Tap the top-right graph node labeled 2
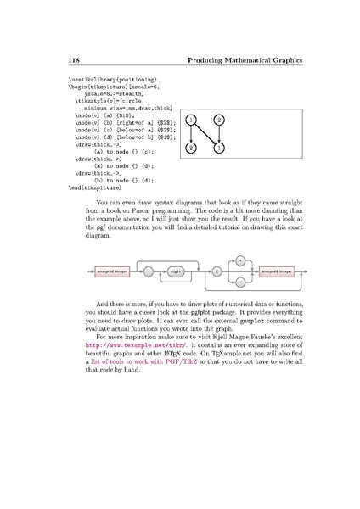(x=219, y=120)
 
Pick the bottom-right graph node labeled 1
(x=219, y=148)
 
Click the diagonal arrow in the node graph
(x=205, y=134)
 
